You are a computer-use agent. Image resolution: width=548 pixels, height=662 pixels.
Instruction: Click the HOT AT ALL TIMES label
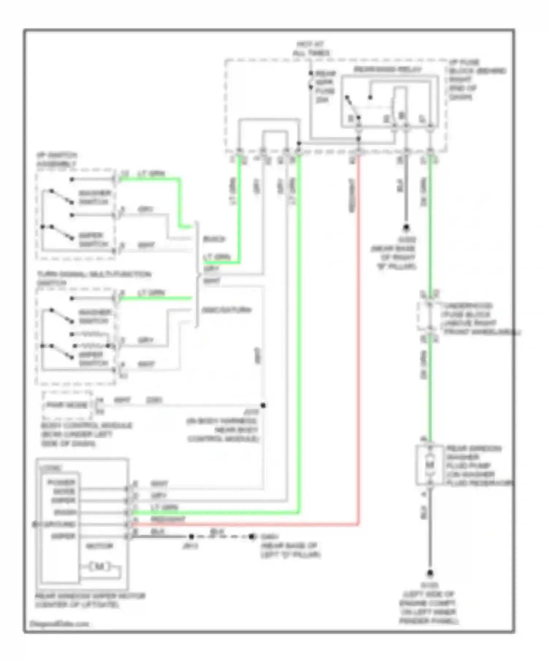coord(311,49)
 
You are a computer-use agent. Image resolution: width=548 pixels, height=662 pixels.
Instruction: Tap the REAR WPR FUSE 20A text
coord(325,86)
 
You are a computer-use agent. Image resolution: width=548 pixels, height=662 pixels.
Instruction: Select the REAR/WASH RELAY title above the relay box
coord(388,69)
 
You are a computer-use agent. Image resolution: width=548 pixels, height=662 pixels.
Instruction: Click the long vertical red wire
coord(359,328)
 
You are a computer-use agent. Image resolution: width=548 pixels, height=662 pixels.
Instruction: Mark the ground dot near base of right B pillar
coord(406,227)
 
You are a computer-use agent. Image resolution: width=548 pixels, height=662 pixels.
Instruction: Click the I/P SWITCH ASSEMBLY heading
coord(57,160)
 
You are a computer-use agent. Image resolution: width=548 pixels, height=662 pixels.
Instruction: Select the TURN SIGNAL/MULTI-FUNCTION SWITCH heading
coord(93,278)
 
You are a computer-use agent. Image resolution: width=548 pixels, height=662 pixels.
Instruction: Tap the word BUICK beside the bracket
coord(214,239)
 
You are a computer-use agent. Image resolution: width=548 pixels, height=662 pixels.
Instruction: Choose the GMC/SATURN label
coord(227,310)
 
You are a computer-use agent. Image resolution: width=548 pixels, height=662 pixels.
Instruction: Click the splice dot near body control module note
coord(263,405)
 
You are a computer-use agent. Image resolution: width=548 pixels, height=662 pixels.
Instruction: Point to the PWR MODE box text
coord(67,405)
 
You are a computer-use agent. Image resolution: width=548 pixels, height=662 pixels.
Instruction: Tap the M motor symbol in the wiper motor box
coord(99,566)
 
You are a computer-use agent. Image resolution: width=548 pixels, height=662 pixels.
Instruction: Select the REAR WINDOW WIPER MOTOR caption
coord(90,600)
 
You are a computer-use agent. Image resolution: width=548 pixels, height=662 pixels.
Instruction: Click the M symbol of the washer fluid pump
coord(430,465)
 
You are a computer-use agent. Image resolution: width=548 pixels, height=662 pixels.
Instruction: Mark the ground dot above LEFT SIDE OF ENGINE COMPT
coord(430,573)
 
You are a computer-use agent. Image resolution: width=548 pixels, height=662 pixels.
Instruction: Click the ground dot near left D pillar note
coord(251,536)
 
